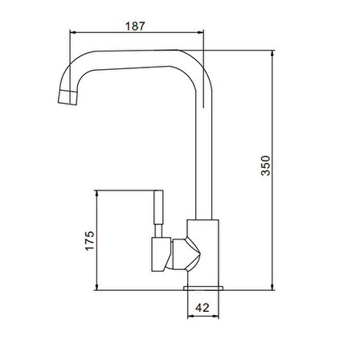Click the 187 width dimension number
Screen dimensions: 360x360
136,26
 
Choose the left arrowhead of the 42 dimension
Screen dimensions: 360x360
190,317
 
